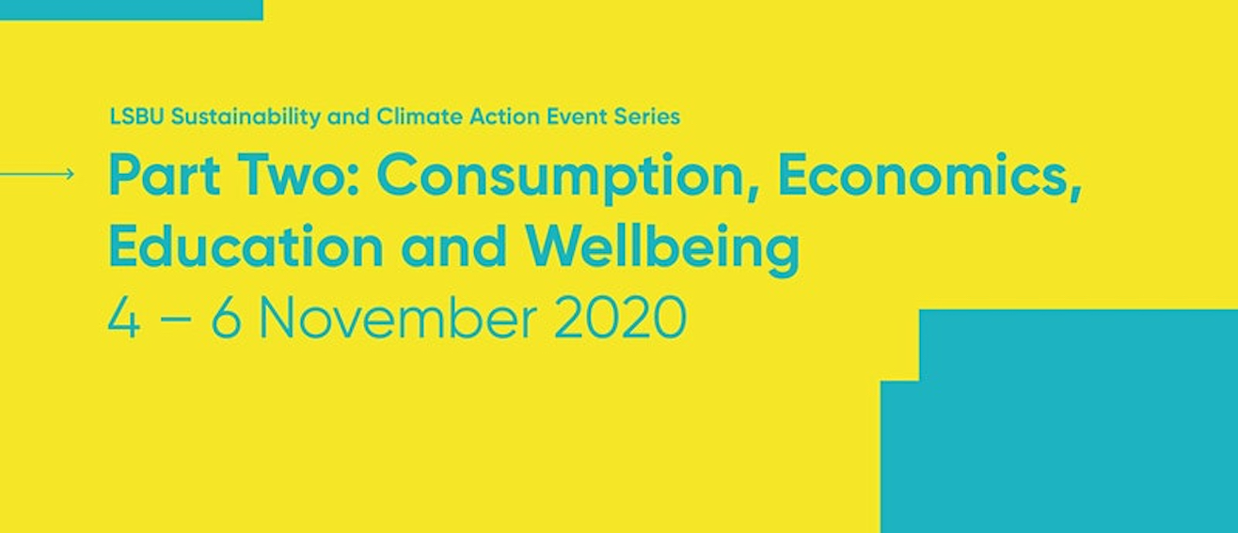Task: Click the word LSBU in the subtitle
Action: (x=137, y=117)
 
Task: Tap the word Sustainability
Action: (x=246, y=118)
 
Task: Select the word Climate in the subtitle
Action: (x=420, y=117)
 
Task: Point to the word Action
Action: (x=504, y=117)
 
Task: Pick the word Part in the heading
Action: (x=165, y=175)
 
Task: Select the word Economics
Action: (x=929, y=177)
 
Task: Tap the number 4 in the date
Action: (x=124, y=319)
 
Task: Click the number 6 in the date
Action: (x=226, y=319)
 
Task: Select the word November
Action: (x=397, y=319)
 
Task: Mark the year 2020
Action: (x=620, y=319)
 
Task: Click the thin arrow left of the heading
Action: (x=37, y=174)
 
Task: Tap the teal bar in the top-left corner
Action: (x=132, y=10)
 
